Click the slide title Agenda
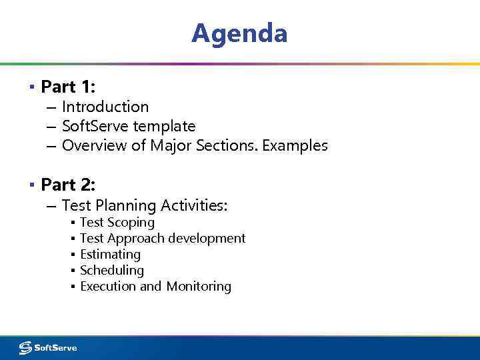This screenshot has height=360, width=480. tap(239, 33)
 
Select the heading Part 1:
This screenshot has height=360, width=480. tap(69, 87)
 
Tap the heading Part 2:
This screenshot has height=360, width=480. tap(69, 183)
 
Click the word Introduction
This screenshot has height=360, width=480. tap(105, 107)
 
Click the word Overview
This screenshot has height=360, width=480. tap(95, 145)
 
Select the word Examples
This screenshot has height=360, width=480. tap(295, 145)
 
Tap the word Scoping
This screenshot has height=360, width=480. tap(131, 223)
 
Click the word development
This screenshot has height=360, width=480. tap(207, 238)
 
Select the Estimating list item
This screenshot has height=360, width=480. tap(110, 254)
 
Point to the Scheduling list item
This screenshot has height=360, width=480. tap(112, 270)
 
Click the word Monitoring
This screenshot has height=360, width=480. tap(199, 286)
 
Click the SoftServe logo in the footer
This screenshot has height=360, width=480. tap(48, 347)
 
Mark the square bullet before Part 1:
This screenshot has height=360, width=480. tap(31, 87)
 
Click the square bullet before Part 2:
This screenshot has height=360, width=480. tap(31, 184)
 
